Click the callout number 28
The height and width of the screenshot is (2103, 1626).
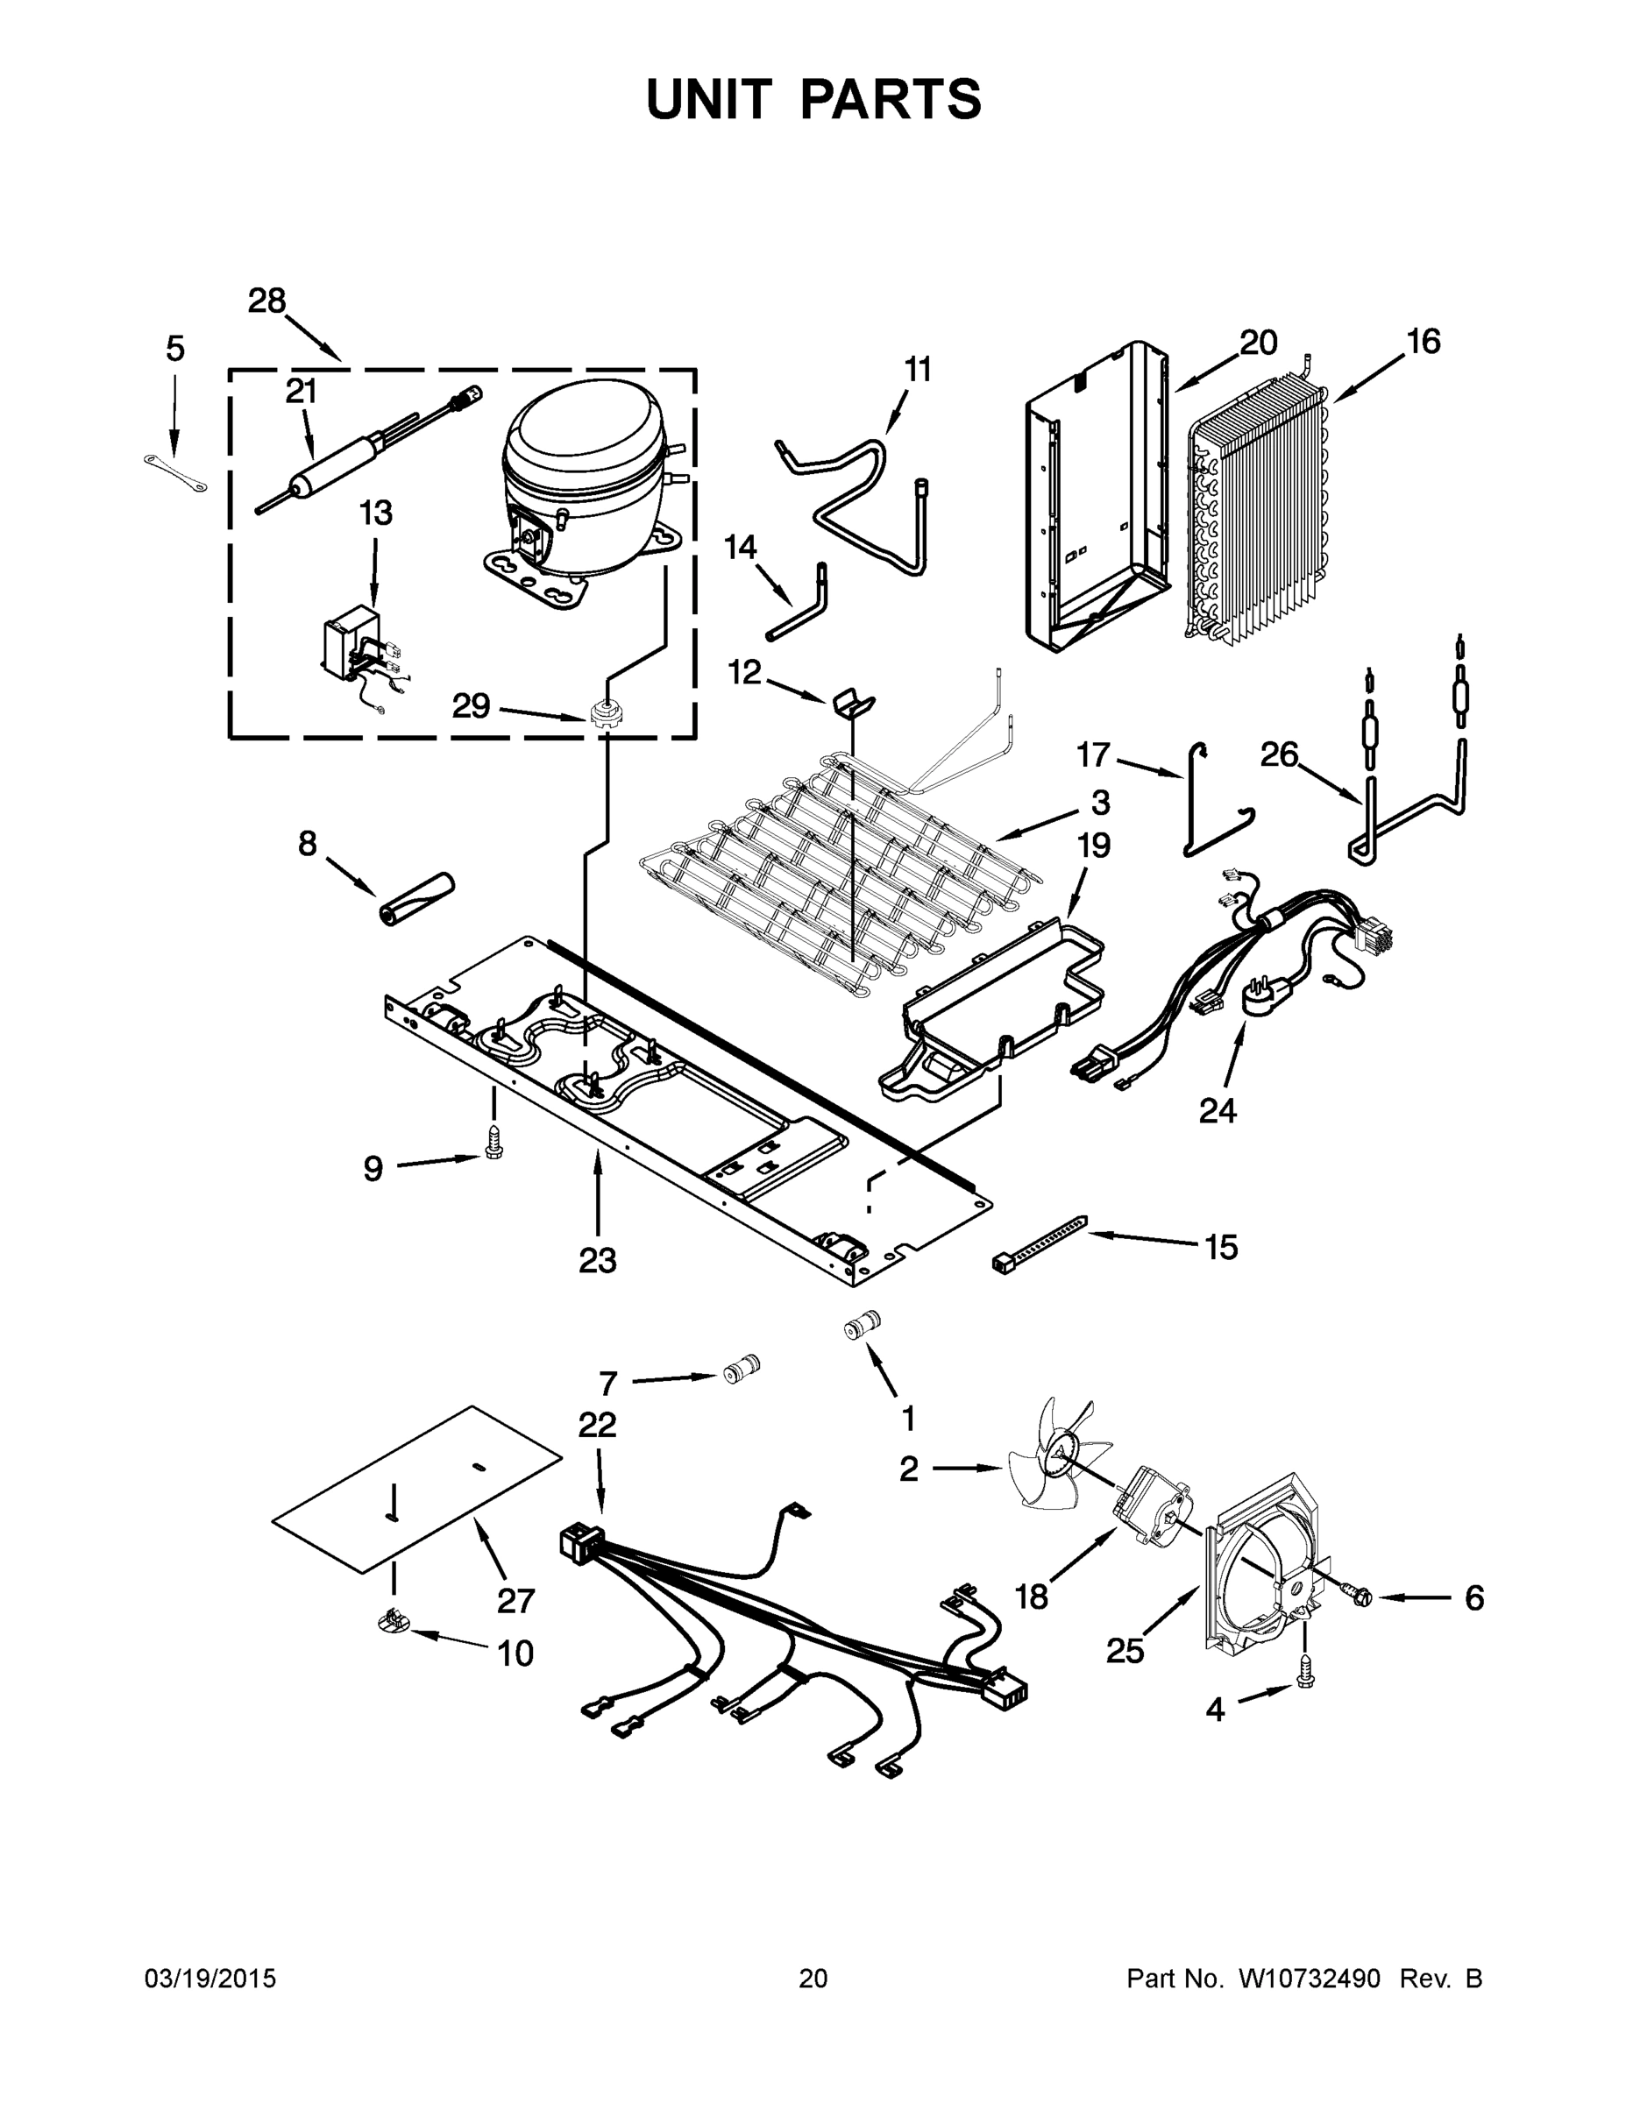click(x=266, y=301)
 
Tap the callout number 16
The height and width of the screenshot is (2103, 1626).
click(x=1422, y=342)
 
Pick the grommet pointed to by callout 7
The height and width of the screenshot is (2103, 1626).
click(x=742, y=1369)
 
